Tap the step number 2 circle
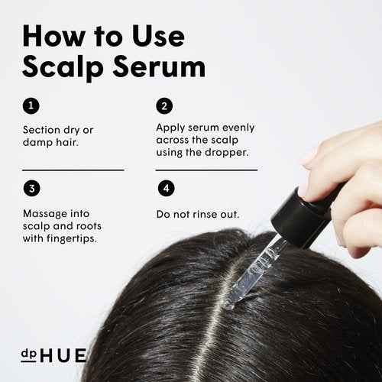[163, 106]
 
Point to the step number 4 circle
[165, 188]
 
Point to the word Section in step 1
[44, 130]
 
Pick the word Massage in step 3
[46, 212]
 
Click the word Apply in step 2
[171, 128]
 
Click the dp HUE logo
[53, 355]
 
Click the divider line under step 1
[73, 170]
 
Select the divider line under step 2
[206, 170]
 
